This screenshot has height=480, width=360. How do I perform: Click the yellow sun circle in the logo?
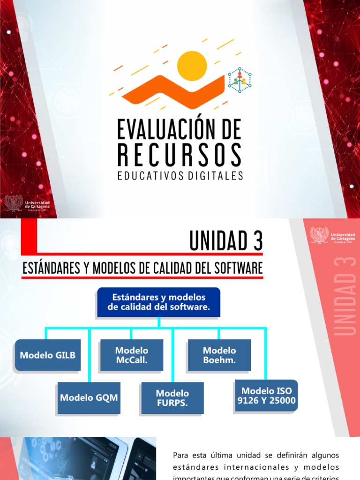click(x=192, y=66)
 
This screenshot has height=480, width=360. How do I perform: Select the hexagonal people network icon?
click(x=240, y=80)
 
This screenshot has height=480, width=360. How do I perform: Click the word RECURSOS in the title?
click(x=180, y=155)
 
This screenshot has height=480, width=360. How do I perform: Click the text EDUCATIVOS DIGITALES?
click(x=180, y=176)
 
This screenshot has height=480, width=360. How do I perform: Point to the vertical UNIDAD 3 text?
click(x=345, y=296)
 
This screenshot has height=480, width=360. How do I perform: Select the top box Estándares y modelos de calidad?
click(x=158, y=302)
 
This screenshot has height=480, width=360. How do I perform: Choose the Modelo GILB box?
click(x=47, y=355)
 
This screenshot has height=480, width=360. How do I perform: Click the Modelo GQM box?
click(x=89, y=397)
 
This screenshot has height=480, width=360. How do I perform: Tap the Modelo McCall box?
click(x=132, y=355)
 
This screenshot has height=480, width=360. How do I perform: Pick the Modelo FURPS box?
click(x=172, y=398)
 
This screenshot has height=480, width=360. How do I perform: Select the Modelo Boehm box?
click(x=219, y=355)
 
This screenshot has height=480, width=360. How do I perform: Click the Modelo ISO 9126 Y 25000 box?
click(x=266, y=396)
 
